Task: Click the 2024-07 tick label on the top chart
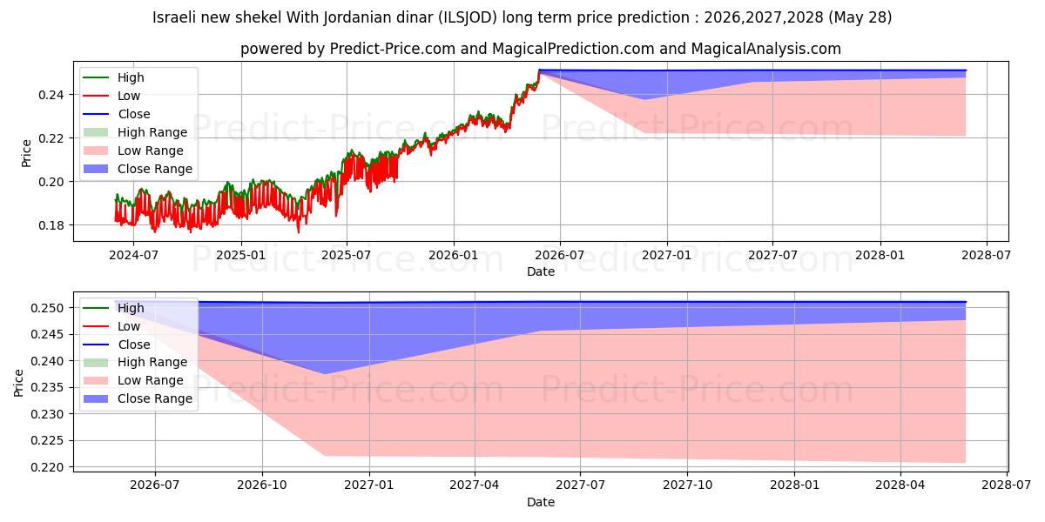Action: pyautogui.click(x=133, y=256)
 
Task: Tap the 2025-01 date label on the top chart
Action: pyautogui.click(x=240, y=256)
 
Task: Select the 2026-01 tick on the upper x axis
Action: pyautogui.click(x=454, y=256)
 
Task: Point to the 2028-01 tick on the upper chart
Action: pyautogui.click(x=880, y=256)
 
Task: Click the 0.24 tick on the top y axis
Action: pyautogui.click(x=51, y=95)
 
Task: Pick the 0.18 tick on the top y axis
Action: pyautogui.click(x=51, y=225)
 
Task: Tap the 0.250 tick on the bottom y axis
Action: pyautogui.click(x=47, y=308)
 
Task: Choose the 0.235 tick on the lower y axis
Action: pyautogui.click(x=47, y=388)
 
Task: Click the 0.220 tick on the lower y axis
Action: pyautogui.click(x=47, y=467)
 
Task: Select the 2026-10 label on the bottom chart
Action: pyautogui.click(x=262, y=485)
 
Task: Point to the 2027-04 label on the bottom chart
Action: pyautogui.click(x=475, y=485)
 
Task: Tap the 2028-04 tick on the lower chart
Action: pyautogui.click(x=900, y=485)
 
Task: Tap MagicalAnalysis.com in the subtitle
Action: pyautogui.click(x=766, y=49)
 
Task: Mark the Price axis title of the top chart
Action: pyautogui.click(x=26, y=153)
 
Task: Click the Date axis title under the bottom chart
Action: pyautogui.click(x=541, y=502)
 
